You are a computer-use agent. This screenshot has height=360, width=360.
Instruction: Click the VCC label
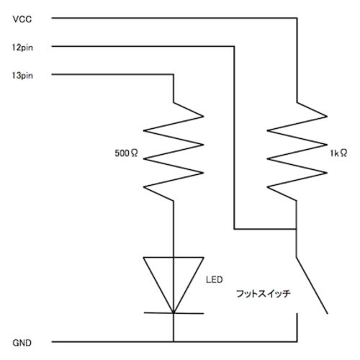click(x=22, y=19)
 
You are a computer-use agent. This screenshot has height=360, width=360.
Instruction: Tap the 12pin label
click(x=22, y=48)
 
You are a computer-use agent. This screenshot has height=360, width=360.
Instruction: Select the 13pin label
click(x=22, y=76)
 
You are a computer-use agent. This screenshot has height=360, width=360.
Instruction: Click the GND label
click(x=22, y=343)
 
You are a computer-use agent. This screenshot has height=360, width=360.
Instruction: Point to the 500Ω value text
click(x=126, y=153)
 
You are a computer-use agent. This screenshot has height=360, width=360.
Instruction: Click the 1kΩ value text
click(x=338, y=153)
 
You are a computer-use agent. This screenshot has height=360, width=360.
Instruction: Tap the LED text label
click(x=215, y=279)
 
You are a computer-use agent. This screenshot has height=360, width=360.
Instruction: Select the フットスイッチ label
click(x=264, y=294)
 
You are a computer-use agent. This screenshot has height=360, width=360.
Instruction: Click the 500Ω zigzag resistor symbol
click(x=174, y=152)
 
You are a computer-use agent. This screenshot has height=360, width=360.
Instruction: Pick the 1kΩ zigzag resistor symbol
click(x=297, y=152)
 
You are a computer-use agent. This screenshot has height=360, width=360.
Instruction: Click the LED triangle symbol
click(x=174, y=285)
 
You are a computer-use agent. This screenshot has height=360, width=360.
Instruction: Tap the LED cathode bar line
click(x=174, y=313)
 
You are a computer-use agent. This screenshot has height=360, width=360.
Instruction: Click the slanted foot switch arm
click(x=312, y=285)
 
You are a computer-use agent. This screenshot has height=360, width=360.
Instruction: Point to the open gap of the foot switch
click(x=312, y=313)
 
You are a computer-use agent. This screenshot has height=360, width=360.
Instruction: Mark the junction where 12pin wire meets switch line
click(x=296, y=229)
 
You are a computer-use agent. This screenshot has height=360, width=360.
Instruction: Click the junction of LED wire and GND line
click(x=174, y=341)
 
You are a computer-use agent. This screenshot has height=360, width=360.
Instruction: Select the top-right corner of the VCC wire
click(x=297, y=18)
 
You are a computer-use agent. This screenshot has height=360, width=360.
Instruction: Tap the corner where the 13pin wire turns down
click(x=174, y=75)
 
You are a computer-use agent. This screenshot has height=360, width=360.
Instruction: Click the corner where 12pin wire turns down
click(x=234, y=46)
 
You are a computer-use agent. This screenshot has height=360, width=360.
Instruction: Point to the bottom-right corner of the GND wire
click(x=297, y=341)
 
